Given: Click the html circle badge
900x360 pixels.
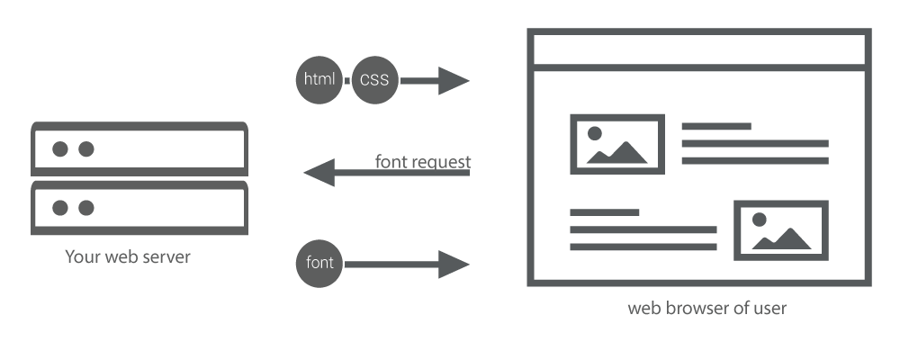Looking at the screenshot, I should pos(319,80).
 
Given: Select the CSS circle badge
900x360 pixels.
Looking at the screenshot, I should pos(373,80).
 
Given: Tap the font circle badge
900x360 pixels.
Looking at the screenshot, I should pos(319,264).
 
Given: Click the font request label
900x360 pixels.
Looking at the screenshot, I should pos(422,162).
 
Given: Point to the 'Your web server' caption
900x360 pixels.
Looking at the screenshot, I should pos(128,257).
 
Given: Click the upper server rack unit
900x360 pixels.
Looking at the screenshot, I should pos(139,148).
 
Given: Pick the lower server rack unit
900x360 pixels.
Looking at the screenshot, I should pos(139,207).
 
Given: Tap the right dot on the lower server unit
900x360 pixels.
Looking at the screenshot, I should pos(85,208).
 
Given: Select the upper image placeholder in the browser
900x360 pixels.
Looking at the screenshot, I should pos(617,144).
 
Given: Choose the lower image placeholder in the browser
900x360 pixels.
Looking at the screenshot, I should pos(780,230).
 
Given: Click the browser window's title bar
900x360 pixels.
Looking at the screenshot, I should pos(702,49).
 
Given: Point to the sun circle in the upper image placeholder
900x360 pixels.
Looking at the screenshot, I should pos(595,133).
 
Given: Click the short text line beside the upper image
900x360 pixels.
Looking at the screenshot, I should pos(715,126).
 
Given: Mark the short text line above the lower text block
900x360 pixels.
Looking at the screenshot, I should pos(605,212).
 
